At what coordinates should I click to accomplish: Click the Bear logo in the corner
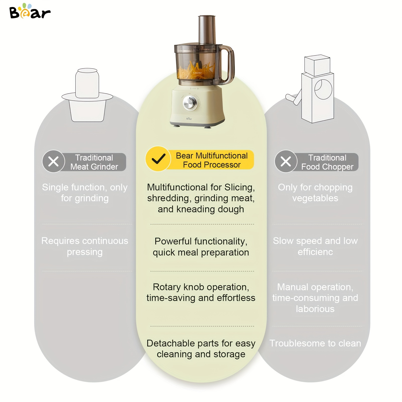(30, 11)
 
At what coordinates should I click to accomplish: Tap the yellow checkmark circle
(158, 159)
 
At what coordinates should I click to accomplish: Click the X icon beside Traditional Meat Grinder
(54, 161)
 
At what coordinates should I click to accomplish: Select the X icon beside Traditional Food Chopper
(286, 161)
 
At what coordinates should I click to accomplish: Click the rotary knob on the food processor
(190, 103)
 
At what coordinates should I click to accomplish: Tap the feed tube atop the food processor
(207, 30)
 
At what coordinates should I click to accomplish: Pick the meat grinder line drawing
(87, 95)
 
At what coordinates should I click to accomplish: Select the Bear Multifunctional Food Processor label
(212, 160)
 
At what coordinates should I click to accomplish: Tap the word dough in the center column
(231, 209)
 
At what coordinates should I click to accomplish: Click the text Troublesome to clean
(315, 343)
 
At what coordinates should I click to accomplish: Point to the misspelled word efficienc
(315, 252)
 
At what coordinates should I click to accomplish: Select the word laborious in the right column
(315, 309)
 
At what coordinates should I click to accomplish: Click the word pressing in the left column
(85, 252)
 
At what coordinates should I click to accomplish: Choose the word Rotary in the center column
(167, 287)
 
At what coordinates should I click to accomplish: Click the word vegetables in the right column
(315, 198)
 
